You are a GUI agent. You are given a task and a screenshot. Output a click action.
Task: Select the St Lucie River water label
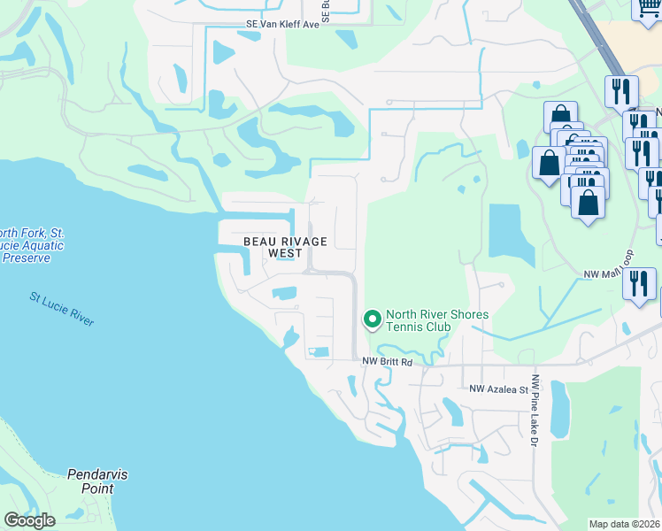(x=61, y=310)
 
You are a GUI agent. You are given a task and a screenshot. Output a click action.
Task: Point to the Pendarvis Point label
(x=97, y=481)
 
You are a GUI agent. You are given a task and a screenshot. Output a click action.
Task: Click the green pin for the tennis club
(x=373, y=319)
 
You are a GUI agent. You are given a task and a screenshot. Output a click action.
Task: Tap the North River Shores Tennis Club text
(x=425, y=320)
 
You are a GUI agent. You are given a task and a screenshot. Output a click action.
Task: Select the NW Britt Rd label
(x=388, y=362)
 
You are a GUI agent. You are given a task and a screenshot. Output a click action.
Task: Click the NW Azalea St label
(x=498, y=389)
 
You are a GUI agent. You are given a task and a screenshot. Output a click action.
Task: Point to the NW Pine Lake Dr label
(x=535, y=416)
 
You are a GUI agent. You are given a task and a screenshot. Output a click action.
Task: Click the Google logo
(x=29, y=520)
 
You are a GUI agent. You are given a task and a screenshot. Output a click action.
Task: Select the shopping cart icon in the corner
(x=647, y=9)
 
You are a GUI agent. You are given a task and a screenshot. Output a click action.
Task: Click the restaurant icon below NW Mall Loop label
(x=637, y=283)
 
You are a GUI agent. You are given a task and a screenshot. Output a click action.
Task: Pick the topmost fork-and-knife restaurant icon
(x=621, y=90)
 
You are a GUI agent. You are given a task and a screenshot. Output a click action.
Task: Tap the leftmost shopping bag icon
(x=549, y=163)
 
